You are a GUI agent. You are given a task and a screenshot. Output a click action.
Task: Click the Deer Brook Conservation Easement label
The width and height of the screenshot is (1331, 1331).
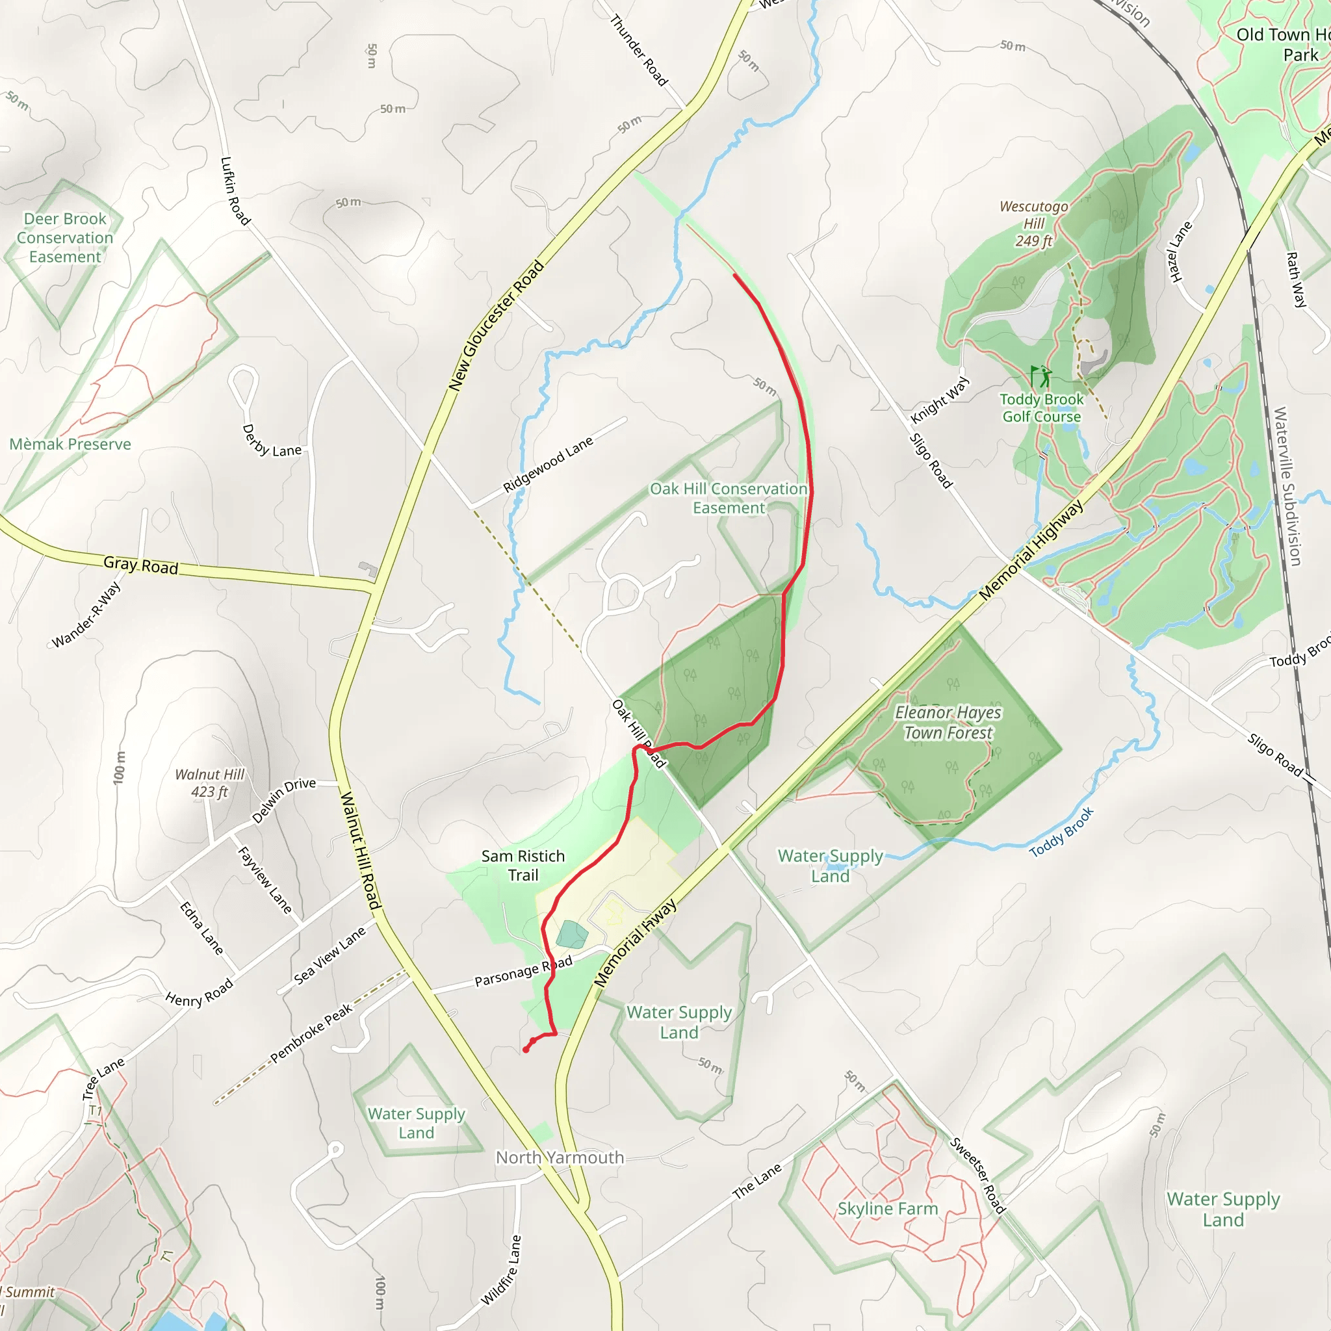click(65, 238)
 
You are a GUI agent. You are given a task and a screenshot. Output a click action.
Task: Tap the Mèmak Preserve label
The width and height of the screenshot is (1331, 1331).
click(70, 445)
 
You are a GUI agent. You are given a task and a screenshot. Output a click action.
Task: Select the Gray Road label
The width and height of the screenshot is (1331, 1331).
click(140, 565)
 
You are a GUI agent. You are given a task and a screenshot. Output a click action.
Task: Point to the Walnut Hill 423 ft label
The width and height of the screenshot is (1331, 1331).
click(209, 783)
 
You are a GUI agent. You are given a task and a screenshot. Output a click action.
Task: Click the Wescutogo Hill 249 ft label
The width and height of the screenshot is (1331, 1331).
click(1033, 223)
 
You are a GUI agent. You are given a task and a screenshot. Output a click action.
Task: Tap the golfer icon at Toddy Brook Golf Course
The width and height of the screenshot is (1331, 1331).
click(1041, 378)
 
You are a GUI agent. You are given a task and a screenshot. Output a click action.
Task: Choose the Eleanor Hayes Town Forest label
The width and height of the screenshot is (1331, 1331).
click(948, 722)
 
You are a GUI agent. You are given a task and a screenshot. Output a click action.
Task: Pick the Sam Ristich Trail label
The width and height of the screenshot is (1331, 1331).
click(523, 865)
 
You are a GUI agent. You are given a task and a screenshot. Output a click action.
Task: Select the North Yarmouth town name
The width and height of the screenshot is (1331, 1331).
click(560, 1157)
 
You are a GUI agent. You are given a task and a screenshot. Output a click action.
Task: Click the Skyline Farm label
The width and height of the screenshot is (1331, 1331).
click(887, 1208)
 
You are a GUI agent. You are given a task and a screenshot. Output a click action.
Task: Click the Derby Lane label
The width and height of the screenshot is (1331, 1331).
click(272, 441)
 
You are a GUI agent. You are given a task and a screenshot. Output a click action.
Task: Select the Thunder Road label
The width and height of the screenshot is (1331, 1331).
click(639, 51)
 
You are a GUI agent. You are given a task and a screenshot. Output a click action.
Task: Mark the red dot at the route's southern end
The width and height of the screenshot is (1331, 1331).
click(526, 1050)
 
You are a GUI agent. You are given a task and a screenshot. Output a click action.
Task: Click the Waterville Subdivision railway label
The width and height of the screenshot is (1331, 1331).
click(1287, 486)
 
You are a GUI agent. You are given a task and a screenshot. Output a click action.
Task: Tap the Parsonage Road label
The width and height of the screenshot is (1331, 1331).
click(523, 971)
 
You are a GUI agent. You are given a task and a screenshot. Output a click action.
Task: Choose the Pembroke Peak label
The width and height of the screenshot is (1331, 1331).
click(311, 1033)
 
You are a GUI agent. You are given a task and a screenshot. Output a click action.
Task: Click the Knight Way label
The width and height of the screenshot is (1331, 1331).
click(940, 400)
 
